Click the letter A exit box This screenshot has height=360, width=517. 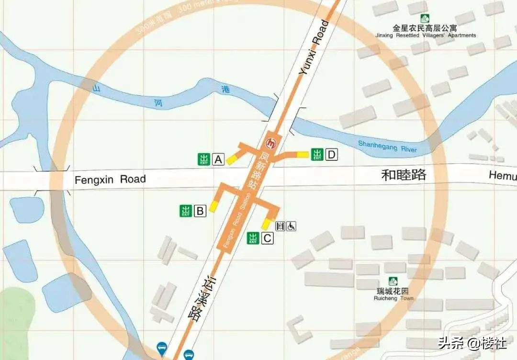tap(219, 159)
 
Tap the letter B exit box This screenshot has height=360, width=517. tap(200, 211)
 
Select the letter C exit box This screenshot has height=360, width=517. tap(267, 238)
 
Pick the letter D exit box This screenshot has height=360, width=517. tap(332, 155)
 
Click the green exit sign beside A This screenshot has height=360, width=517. tap(204, 159)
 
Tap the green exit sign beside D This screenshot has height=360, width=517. tap(317, 155)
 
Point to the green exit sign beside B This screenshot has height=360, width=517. tap(186, 211)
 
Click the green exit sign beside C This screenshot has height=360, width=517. tap(253, 238)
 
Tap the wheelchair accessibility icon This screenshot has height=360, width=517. tap(291, 226)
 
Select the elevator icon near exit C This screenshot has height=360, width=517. tap(281, 226)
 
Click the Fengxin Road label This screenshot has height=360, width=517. tap(110, 180)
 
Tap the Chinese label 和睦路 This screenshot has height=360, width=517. tap(404, 175)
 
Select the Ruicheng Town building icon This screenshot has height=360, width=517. tap(393, 281)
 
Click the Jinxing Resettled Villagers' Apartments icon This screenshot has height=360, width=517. tap(425, 19)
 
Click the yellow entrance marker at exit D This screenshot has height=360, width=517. tap(303, 154)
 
